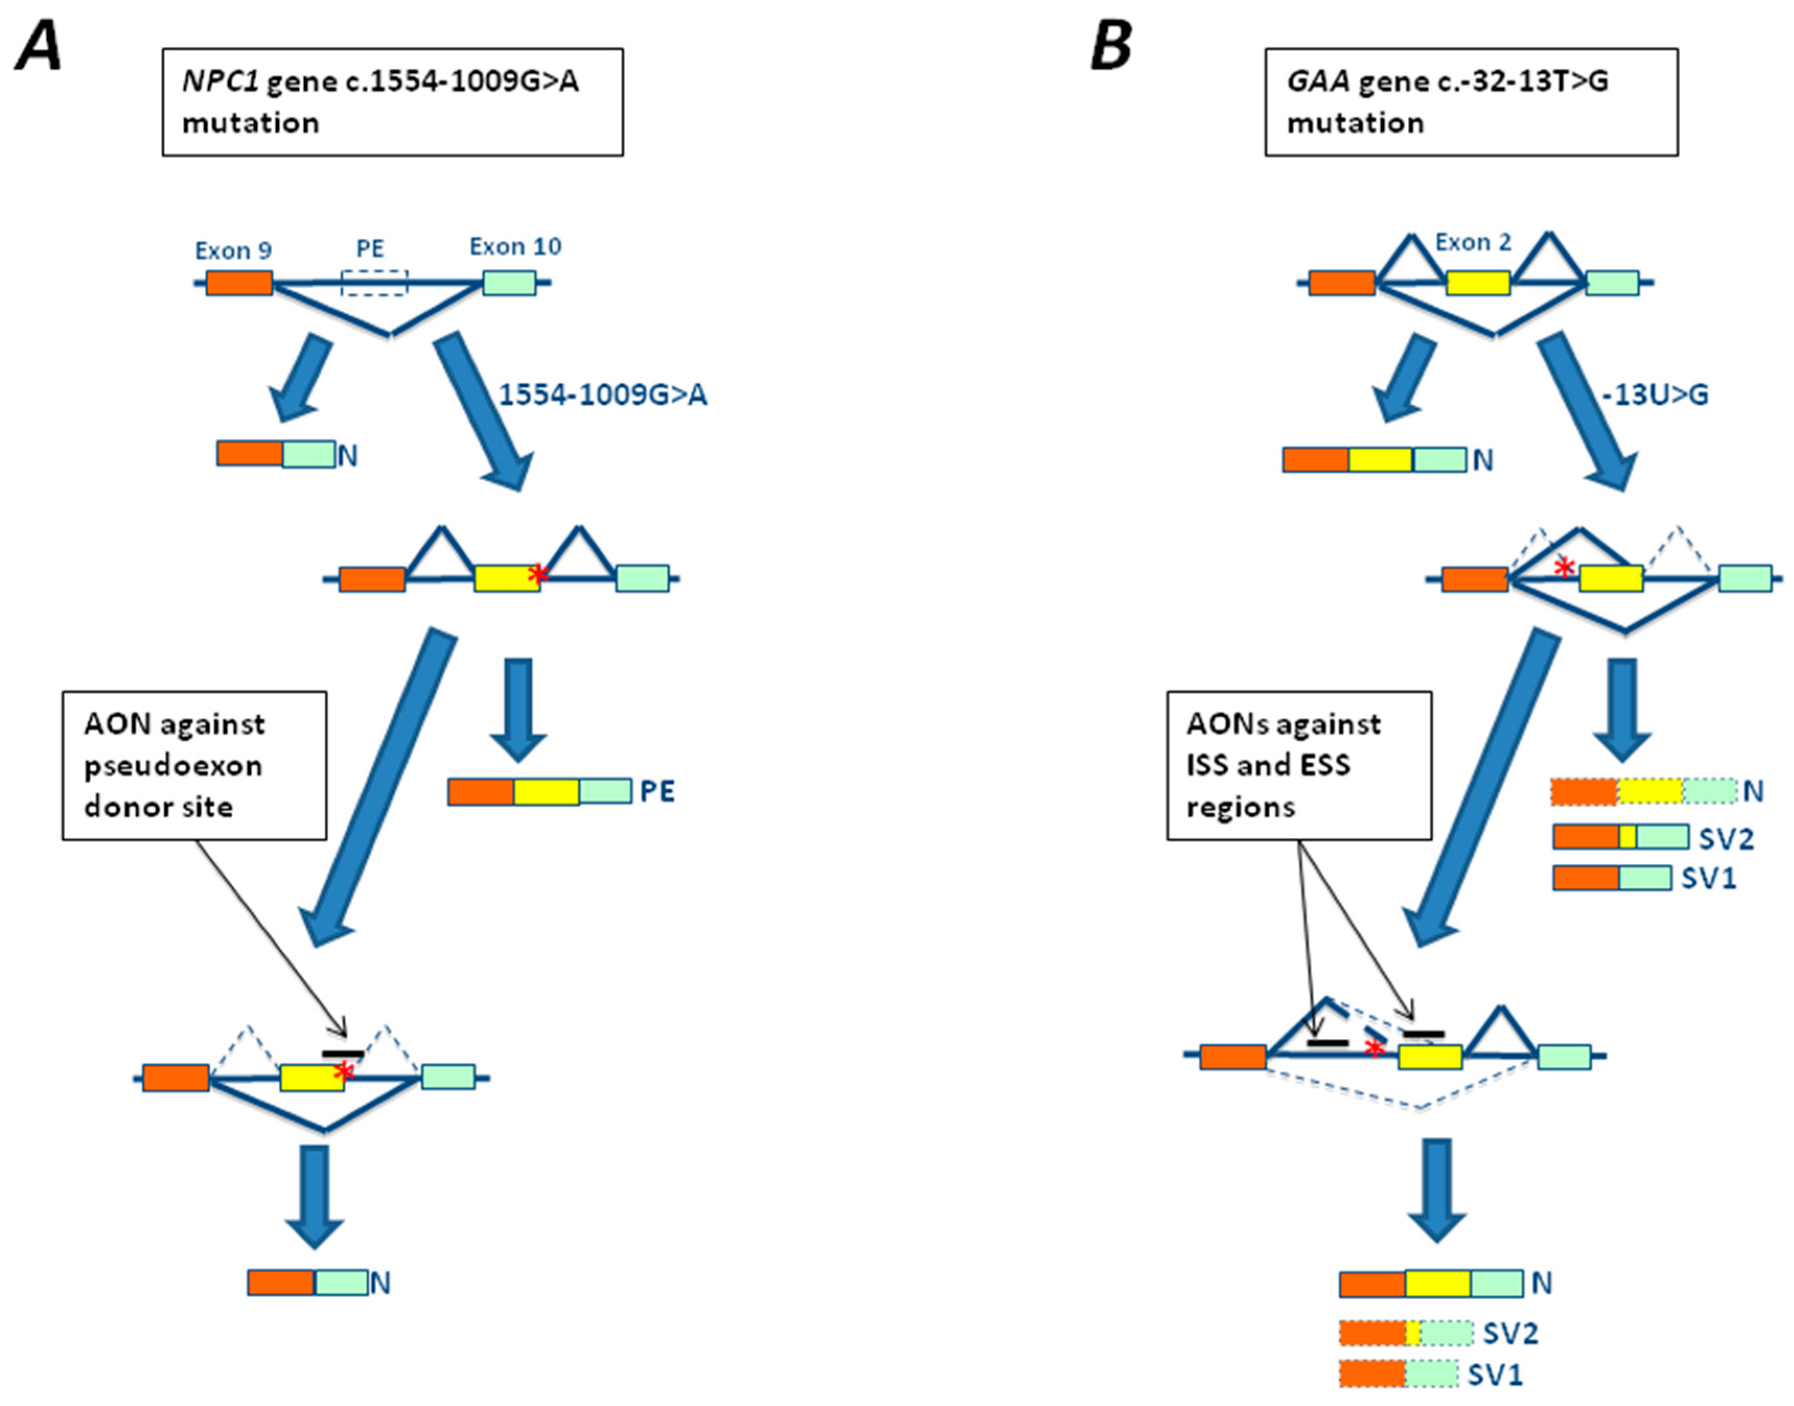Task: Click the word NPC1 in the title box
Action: click(220, 82)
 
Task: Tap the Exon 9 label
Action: click(233, 250)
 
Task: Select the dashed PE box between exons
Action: click(374, 282)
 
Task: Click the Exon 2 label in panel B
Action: click(1473, 243)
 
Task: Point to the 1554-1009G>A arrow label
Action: click(603, 395)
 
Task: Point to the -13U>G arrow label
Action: click(1655, 395)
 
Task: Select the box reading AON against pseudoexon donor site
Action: click(194, 765)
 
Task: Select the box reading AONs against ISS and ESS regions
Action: click(1299, 765)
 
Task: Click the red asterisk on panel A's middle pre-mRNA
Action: click(538, 574)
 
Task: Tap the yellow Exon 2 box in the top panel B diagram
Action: click(1478, 283)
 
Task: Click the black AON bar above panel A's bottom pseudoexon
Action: click(342, 1053)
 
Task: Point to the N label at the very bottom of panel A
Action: click(379, 1283)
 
